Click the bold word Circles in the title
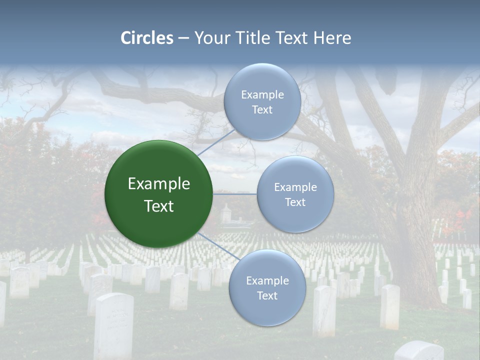pos(147,38)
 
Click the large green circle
pos(158,194)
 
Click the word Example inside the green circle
pos(159,183)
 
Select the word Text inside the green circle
pos(159,206)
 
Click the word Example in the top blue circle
pos(262,94)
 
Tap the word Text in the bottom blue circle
pos(267,295)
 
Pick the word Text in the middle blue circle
pos(295,202)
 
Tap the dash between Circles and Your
pos(183,38)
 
